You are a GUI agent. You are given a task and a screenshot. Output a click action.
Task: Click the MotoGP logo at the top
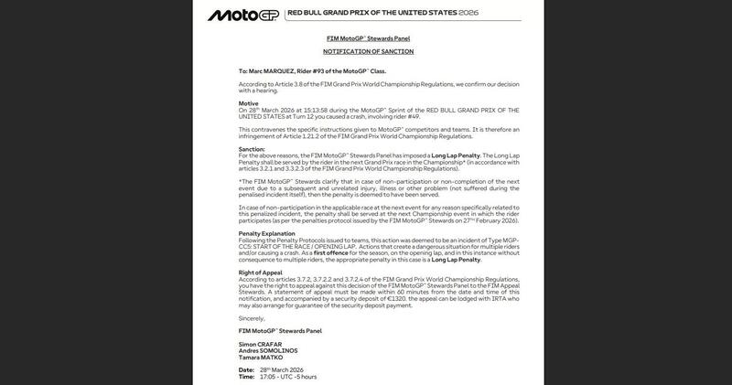click(242, 15)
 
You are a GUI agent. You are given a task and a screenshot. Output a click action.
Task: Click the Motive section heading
click(248, 103)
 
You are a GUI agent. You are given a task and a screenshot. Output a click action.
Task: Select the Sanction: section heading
click(252, 148)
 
